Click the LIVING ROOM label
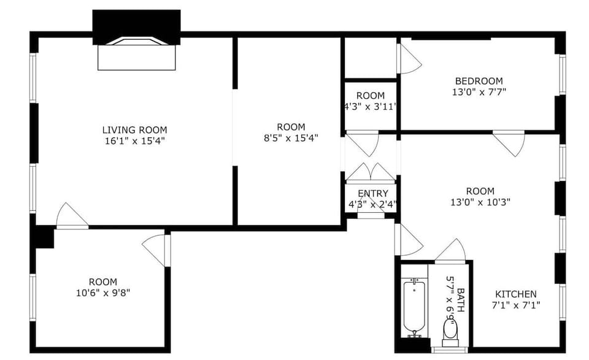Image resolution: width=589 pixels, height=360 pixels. [134, 130]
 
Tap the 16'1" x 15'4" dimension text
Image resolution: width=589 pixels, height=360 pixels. [134, 140]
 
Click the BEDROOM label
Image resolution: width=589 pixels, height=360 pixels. [479, 81]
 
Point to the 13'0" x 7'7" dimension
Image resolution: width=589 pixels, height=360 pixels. [479, 91]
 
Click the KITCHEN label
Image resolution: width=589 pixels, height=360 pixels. [515, 294]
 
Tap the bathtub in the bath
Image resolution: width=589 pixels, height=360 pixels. [414, 305]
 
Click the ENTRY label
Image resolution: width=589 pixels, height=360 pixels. [372, 194]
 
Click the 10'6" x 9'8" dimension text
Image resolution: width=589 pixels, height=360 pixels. [102, 293]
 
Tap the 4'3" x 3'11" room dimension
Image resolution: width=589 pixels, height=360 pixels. [371, 105]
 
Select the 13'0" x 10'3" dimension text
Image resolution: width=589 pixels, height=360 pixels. [480, 201]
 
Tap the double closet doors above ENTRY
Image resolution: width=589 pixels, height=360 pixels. [371, 173]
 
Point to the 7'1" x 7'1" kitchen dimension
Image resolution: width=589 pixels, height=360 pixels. [515, 305]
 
